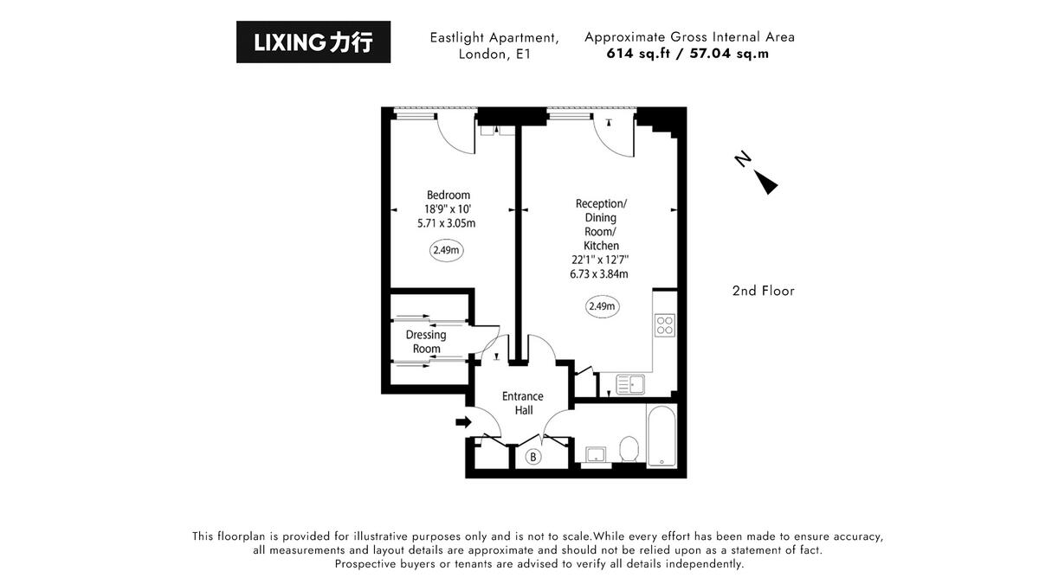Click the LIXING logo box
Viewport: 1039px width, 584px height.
pos(313,42)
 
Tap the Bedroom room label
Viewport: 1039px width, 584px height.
pos(448,195)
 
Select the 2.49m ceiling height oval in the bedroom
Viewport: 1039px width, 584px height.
pos(447,251)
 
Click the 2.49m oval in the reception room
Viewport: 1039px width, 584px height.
pos(602,305)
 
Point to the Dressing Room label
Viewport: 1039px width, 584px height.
pos(426,342)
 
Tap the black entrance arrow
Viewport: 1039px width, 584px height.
pos(463,422)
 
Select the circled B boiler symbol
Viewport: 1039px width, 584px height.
pos(533,457)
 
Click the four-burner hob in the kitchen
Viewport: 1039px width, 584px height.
pos(665,326)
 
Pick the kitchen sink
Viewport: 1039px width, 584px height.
pos(631,383)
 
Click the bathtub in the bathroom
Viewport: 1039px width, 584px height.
pos(662,435)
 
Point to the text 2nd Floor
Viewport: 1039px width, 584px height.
pos(763,291)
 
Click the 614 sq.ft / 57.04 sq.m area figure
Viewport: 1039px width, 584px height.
pos(688,53)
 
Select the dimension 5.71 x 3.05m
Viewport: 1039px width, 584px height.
pos(447,222)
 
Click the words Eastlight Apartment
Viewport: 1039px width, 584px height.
pos(494,38)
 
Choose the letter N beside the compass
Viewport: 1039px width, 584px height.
pos(742,159)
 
